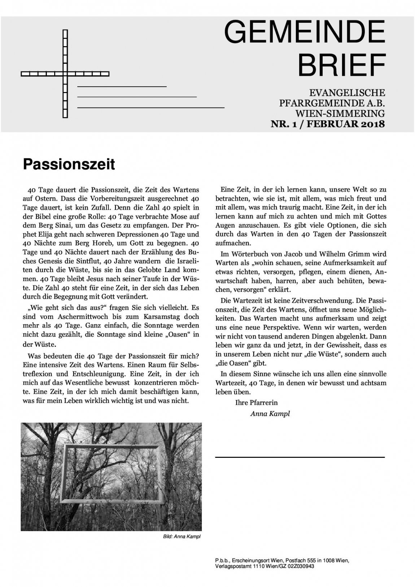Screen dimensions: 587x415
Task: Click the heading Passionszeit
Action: pos(69,164)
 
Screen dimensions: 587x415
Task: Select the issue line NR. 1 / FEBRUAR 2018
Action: pos(328,124)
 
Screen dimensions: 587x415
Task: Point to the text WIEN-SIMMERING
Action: pos(340,114)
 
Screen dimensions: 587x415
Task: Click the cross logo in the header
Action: pos(65,74)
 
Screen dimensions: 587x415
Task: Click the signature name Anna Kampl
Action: pos(270,413)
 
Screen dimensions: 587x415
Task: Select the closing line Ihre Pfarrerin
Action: pos(256,403)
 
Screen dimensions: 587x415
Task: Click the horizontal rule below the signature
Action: pos(300,457)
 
